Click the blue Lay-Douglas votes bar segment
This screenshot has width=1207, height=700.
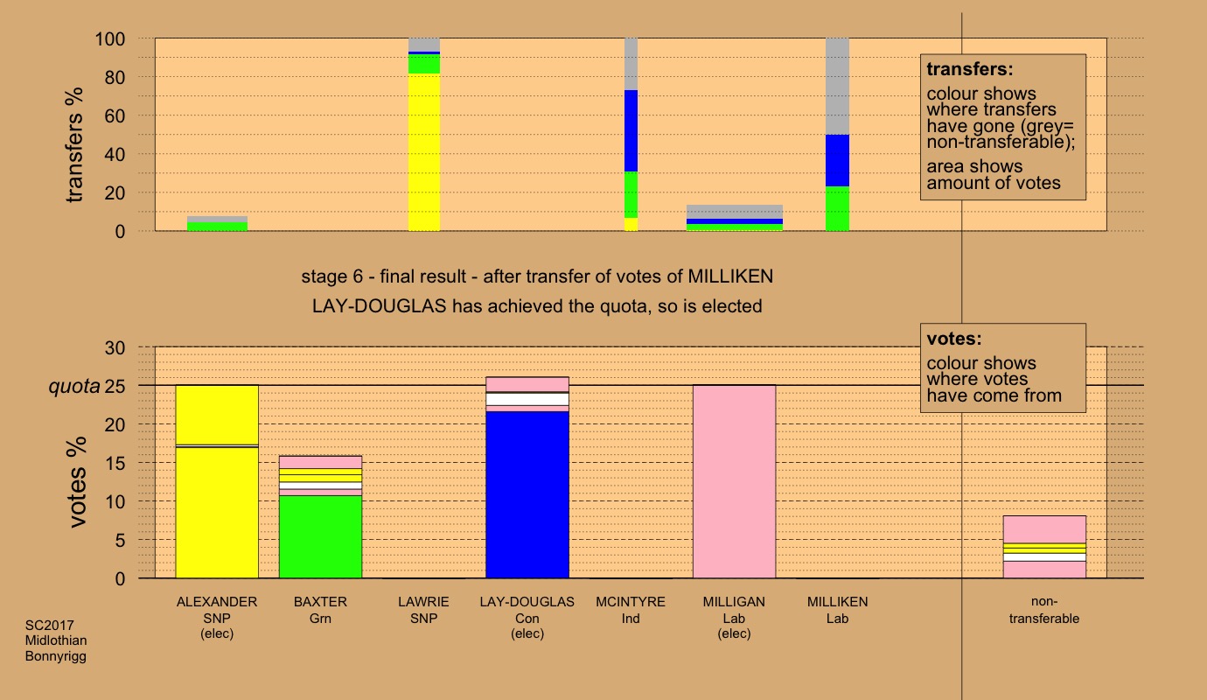527,494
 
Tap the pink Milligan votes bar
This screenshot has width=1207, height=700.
734,481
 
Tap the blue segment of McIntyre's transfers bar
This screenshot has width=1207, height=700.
631,130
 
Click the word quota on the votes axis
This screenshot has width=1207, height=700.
73,386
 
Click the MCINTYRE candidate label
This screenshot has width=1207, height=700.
631,602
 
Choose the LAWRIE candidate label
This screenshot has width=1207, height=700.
424,602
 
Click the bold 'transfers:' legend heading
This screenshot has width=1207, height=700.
962,69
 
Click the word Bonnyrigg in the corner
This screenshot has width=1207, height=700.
56,655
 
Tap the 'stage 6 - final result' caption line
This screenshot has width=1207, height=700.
537,277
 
